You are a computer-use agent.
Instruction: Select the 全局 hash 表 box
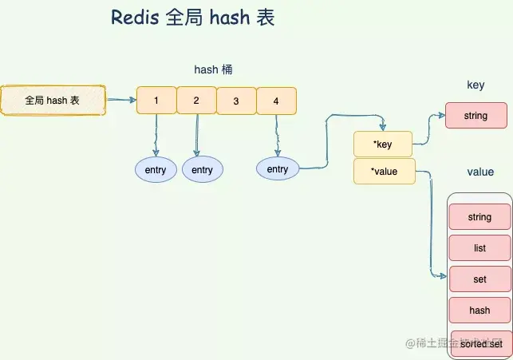pos(53,101)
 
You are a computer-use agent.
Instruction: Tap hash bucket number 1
pos(156,101)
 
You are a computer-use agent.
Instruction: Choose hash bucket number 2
pos(196,101)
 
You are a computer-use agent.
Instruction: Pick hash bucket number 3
pos(236,101)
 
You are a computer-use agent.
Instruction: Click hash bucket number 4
pos(276,101)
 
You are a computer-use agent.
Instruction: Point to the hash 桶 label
pos(213,70)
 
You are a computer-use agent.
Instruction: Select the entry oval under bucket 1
pos(156,170)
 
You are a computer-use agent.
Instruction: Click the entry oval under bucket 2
pos(202,170)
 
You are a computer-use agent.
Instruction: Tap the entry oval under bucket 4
pos(277,169)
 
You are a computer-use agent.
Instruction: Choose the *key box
pos(383,144)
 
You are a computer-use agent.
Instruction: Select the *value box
pos(384,171)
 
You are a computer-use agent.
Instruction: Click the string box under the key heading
pos(476,116)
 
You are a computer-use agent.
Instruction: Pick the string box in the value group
pos(479,217)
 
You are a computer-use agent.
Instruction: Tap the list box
pos(479,248)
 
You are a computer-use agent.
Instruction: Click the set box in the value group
pos(479,279)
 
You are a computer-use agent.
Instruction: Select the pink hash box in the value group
pos(479,311)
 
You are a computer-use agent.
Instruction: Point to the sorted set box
pos(481,344)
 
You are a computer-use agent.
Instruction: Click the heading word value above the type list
pos(479,172)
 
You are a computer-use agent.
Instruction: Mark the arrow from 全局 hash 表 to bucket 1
pos(120,101)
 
